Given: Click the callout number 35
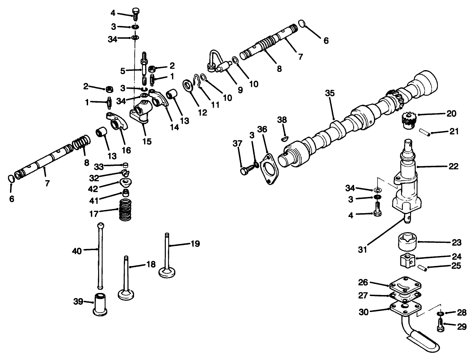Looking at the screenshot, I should tap(330, 93).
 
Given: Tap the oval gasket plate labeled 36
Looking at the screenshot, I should tap(268, 171).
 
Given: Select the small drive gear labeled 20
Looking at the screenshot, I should tap(409, 120).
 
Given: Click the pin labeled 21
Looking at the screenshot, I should tap(424, 132).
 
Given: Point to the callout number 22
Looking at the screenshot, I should tap(453, 167).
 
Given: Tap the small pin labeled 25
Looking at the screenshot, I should tap(422, 267).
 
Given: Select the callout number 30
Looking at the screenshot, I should tap(363, 312).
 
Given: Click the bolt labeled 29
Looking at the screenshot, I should tap(440, 325).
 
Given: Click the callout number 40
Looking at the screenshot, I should tap(77, 251).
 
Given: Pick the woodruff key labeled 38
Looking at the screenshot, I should tap(285, 138).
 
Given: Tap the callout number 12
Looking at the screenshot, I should tap(202, 112).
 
